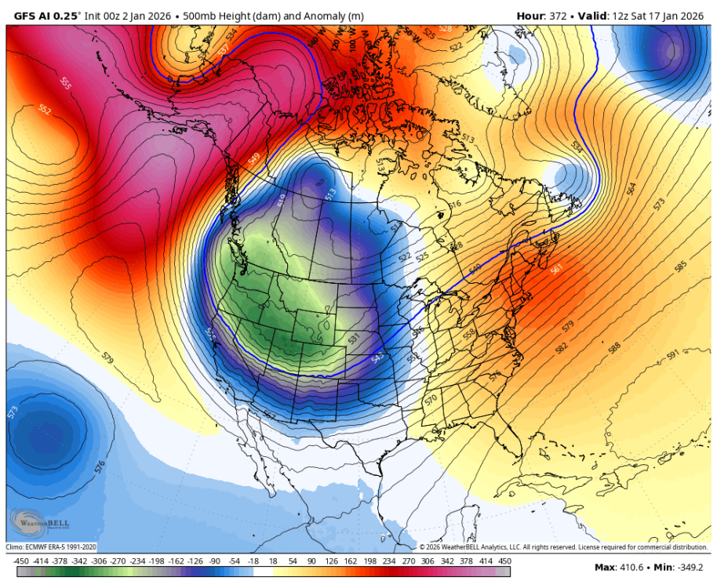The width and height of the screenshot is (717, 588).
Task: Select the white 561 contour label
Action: coord(557,270)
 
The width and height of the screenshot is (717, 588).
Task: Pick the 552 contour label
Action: coord(45,111)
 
